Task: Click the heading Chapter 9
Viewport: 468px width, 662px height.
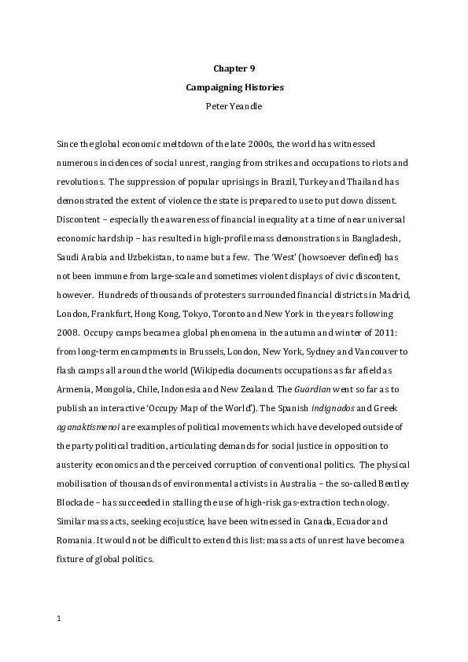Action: (x=234, y=68)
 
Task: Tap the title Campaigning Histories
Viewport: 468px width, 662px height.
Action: (x=234, y=86)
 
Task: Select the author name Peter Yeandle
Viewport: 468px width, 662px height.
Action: (x=234, y=105)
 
